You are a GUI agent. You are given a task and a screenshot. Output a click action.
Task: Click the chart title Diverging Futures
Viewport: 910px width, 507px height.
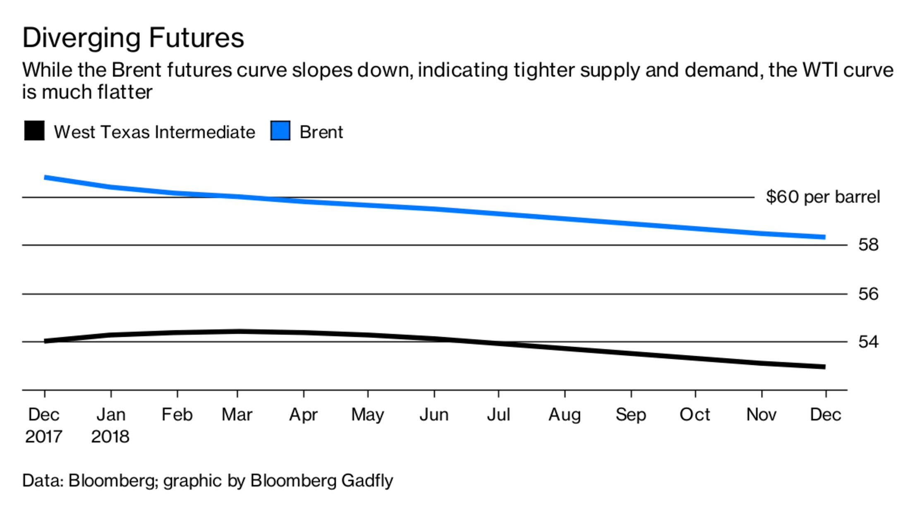click(x=133, y=38)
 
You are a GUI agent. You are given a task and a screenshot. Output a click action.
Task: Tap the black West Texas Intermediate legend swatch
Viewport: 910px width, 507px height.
click(x=34, y=131)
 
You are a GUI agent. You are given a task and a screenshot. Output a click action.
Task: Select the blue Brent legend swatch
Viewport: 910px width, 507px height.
click(x=280, y=131)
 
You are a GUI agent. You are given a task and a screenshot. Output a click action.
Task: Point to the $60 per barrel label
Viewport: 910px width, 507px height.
click(x=823, y=197)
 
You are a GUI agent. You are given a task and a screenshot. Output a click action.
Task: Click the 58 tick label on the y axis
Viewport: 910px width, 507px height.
click(x=868, y=245)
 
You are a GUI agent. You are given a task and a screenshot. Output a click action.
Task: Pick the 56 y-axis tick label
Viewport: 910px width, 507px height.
click(x=868, y=294)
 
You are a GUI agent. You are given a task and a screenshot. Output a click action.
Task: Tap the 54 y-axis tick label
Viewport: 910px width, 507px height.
click(x=868, y=342)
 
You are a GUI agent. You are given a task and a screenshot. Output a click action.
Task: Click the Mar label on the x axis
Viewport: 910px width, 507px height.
click(x=237, y=415)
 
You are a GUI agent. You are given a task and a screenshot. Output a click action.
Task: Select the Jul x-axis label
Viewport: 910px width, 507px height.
click(x=498, y=415)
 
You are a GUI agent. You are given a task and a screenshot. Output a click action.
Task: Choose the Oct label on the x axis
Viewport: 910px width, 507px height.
click(x=695, y=415)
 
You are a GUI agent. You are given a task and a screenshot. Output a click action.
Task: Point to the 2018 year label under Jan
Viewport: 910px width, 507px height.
click(x=110, y=437)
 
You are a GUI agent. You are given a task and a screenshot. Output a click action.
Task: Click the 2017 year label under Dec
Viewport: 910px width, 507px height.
click(x=43, y=437)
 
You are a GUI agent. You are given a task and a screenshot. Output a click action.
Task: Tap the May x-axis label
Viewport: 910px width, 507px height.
click(x=368, y=415)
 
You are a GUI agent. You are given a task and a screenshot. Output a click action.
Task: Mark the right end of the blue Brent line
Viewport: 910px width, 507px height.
click(x=824, y=237)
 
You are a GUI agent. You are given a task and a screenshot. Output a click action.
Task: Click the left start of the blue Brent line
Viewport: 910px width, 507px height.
click(x=45, y=177)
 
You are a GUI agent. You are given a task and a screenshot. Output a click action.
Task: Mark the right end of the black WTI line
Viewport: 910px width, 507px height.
click(x=824, y=367)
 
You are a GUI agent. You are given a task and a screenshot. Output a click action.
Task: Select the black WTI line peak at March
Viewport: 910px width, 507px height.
click(x=238, y=331)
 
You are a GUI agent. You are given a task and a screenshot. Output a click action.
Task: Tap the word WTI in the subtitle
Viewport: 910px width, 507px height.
click(x=819, y=70)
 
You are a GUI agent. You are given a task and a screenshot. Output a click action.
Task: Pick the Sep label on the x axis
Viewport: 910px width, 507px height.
click(x=631, y=415)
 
